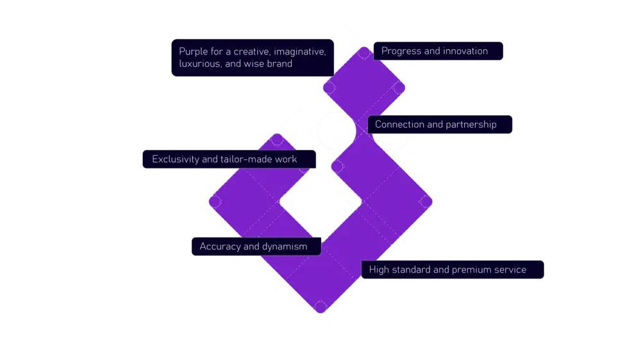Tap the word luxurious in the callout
[x=201, y=64]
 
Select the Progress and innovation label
[x=435, y=51]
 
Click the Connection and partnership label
[x=436, y=124]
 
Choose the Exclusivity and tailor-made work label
[x=224, y=159]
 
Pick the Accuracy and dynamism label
[x=253, y=247]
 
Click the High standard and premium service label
[x=447, y=270]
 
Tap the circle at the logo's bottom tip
[x=320, y=308]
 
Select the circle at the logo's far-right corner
[x=426, y=201]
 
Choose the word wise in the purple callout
[x=255, y=64]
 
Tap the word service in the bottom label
[x=511, y=270]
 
